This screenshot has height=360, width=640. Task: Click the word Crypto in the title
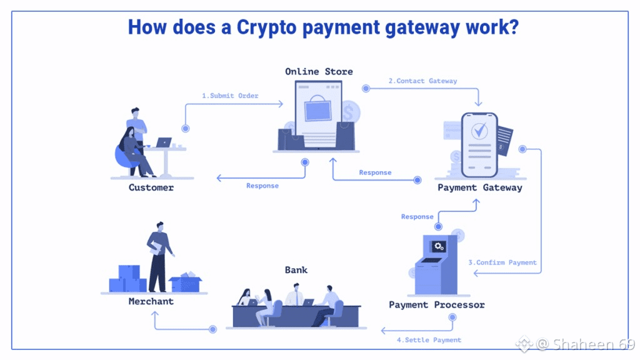(x=266, y=27)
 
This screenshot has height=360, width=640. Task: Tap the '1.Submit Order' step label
(x=230, y=96)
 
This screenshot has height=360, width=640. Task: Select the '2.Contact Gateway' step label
(x=423, y=81)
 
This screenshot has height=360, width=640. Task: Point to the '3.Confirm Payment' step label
(x=502, y=262)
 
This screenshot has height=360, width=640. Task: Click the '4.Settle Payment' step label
(x=429, y=340)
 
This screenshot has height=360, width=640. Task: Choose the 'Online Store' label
(x=319, y=71)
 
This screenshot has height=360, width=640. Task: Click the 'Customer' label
(x=151, y=187)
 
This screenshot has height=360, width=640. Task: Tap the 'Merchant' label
(x=151, y=301)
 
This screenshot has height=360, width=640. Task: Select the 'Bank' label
(x=296, y=270)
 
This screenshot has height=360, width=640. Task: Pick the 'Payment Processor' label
(x=437, y=305)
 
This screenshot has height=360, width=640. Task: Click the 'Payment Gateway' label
(x=480, y=187)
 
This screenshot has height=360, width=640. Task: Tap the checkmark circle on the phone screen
(x=479, y=131)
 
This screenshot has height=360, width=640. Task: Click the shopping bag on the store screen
(x=317, y=108)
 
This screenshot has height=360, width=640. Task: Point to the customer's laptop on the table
(x=164, y=142)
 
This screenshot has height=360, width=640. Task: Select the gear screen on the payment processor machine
(x=439, y=246)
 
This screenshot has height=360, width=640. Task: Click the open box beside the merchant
(x=185, y=282)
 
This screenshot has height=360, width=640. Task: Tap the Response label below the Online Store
(x=262, y=186)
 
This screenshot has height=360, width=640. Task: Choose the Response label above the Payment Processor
(x=417, y=217)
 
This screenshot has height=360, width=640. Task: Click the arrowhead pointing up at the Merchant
(x=155, y=314)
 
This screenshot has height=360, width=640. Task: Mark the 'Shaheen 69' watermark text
(x=594, y=344)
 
